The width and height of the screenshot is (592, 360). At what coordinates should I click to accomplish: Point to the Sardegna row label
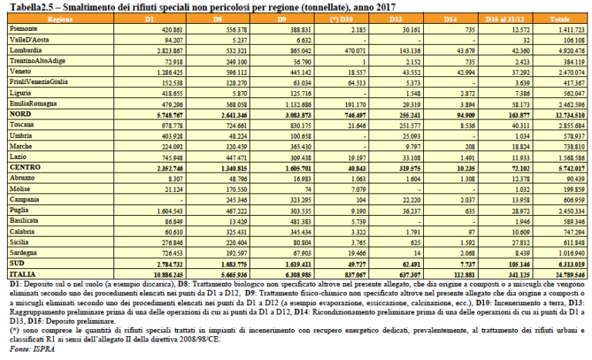[24, 252]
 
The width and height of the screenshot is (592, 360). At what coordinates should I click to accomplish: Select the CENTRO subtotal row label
[24, 166]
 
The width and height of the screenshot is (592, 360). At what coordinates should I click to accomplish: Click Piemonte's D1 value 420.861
[149, 28]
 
